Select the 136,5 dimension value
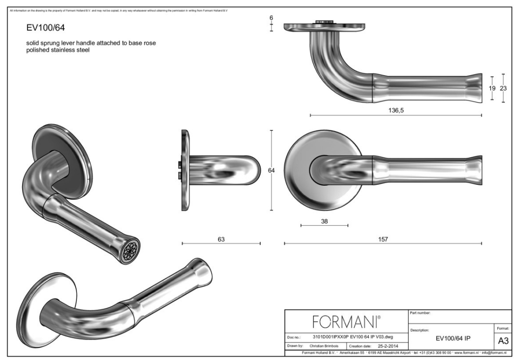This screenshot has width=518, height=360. pos(395,111)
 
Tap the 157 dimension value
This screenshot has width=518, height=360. pos(382,240)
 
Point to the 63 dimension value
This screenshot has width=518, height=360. pos(221,240)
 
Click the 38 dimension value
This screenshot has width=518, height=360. pos(324,221)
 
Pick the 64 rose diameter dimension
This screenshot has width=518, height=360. pos(272,171)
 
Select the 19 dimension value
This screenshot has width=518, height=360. pos(492,88)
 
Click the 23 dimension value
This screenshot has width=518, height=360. pos(503,88)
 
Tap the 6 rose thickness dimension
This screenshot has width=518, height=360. pos(272,18)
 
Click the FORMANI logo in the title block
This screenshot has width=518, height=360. pos(345,322)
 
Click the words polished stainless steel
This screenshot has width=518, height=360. pos(58,50)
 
